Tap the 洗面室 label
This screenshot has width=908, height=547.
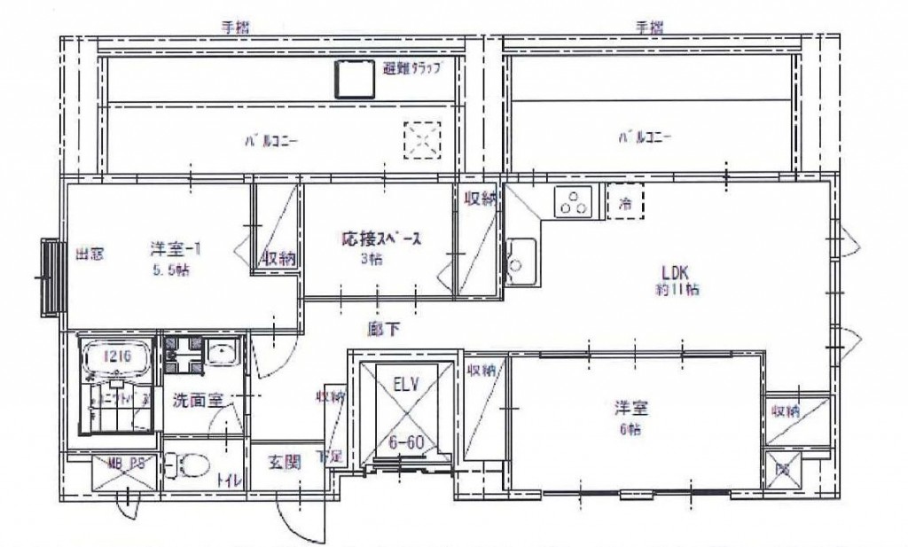(x=197, y=400)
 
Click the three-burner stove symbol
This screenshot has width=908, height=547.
(x=572, y=203)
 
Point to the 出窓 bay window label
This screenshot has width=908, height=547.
(x=89, y=254)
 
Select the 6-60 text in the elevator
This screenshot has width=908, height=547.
(x=405, y=440)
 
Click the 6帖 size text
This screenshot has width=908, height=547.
(x=631, y=429)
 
